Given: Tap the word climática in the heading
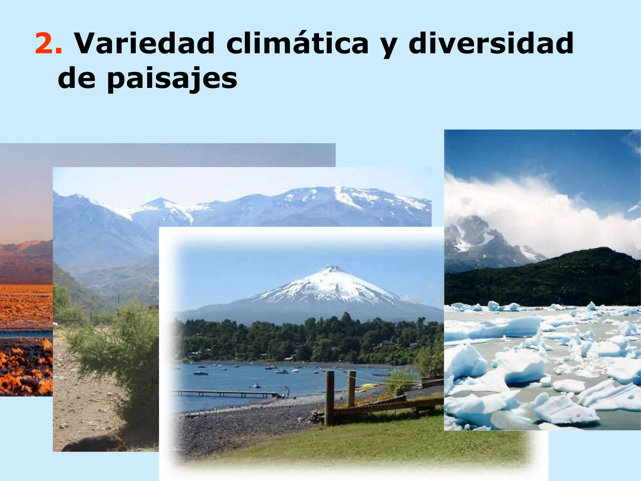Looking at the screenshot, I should [297, 44].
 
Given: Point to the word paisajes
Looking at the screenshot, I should [172, 79].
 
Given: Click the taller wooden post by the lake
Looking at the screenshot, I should [329, 398].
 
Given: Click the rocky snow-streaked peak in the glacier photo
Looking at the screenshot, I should [473, 238].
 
